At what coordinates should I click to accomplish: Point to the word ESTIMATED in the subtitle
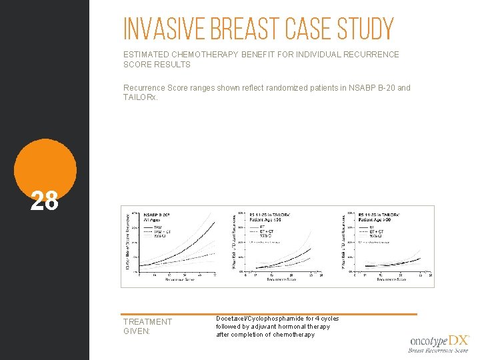pos(145,55)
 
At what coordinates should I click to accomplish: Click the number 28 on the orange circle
pos(45,201)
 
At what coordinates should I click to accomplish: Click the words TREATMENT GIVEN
pos(147,326)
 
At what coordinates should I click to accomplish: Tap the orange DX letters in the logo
pos(459,341)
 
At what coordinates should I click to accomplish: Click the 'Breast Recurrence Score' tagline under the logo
pos(438,350)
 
